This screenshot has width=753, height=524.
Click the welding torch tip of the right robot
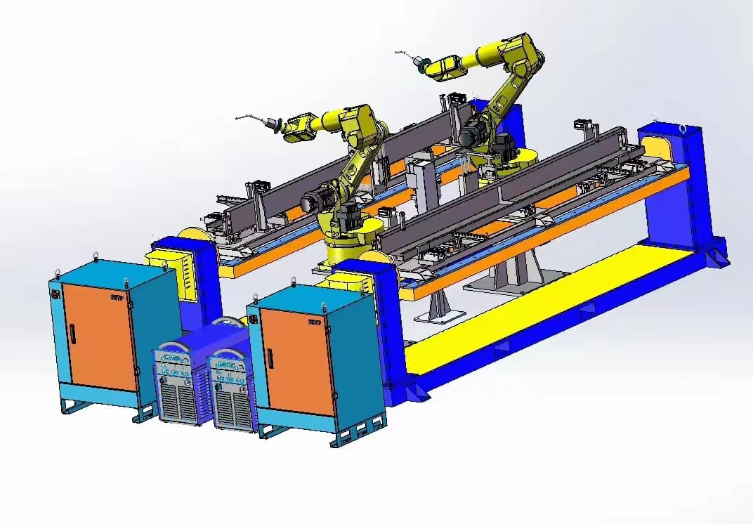(x=398, y=53)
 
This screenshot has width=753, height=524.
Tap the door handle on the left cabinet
(x=70, y=334)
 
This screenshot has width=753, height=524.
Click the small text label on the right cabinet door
(x=315, y=322)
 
